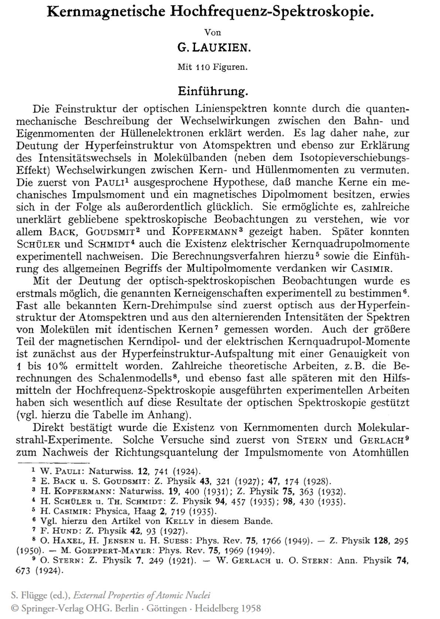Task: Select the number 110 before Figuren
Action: [203, 67]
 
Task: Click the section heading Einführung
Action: [212, 91]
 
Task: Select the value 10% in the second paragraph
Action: [57, 366]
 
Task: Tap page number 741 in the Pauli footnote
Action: [161, 472]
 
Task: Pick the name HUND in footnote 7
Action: [66, 531]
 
